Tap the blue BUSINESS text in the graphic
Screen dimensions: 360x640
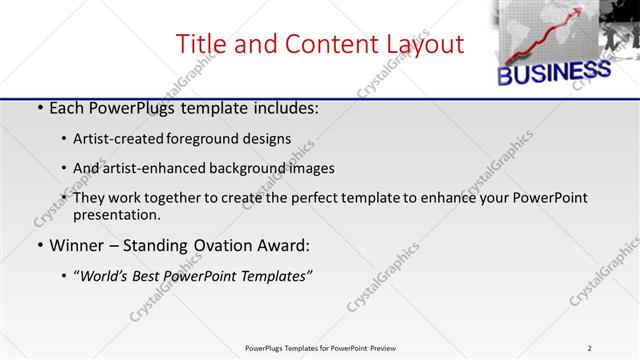pyautogui.click(x=553, y=73)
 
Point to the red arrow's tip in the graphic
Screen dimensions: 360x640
pyautogui.click(x=583, y=11)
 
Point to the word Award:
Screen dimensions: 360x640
pyautogui.click(x=283, y=245)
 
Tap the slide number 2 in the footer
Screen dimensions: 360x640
pyautogui.click(x=589, y=348)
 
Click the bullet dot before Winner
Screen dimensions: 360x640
pyautogui.click(x=39, y=246)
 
